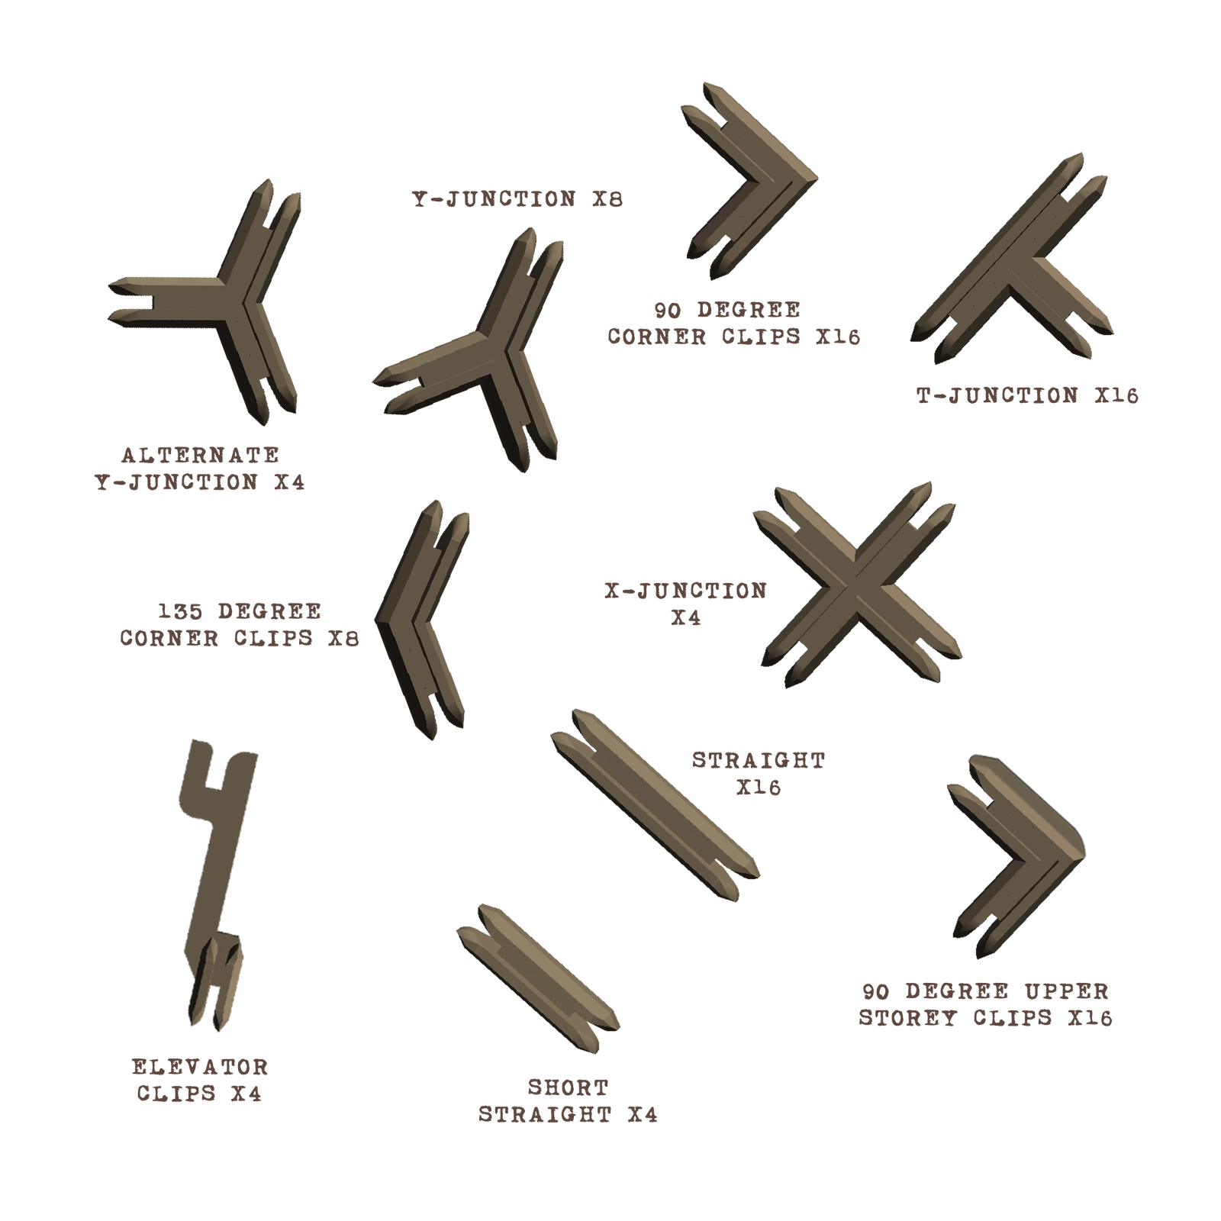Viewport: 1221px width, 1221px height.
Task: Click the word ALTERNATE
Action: pyautogui.click(x=201, y=456)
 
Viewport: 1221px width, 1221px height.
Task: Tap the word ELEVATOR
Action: pyautogui.click(x=200, y=1067)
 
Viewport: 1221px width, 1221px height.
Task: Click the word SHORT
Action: pyautogui.click(x=569, y=1087)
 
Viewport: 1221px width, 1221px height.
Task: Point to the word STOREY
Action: pyautogui.click(x=907, y=1018)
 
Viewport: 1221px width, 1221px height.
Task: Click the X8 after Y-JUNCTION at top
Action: pyautogui.click(x=607, y=199)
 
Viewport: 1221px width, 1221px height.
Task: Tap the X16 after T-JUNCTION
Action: pyautogui.click(x=1116, y=395)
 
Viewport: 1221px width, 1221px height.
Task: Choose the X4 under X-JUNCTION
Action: pyautogui.click(x=686, y=618)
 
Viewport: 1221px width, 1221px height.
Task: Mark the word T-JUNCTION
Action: pyautogui.click(x=997, y=395)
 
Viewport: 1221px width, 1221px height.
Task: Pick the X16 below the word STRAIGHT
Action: pyautogui.click(x=759, y=787)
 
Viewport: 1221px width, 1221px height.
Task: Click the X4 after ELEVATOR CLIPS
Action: pyautogui.click(x=246, y=1094)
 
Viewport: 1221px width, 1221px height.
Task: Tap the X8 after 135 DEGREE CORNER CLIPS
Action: pyautogui.click(x=343, y=638)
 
